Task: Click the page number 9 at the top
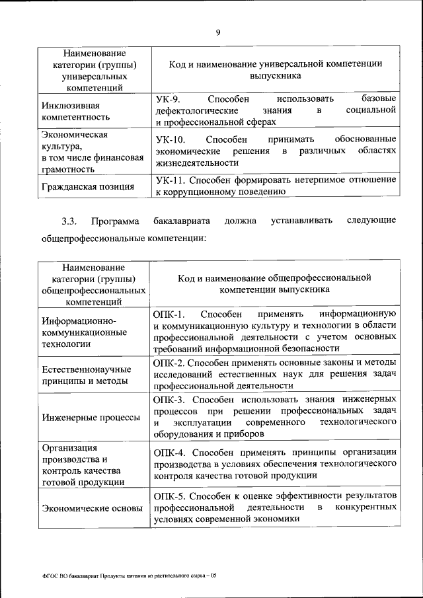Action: (217, 30)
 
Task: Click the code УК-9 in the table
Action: (168, 98)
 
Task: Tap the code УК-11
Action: (171, 180)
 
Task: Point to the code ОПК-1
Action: (170, 314)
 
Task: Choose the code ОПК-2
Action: (170, 363)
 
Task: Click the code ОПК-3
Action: (170, 400)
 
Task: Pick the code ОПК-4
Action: (170, 452)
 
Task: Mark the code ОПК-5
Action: (170, 495)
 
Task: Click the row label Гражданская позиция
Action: (87, 186)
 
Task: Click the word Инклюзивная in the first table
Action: (71, 105)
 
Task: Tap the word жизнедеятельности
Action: (196, 163)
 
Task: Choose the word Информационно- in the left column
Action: (74, 320)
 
